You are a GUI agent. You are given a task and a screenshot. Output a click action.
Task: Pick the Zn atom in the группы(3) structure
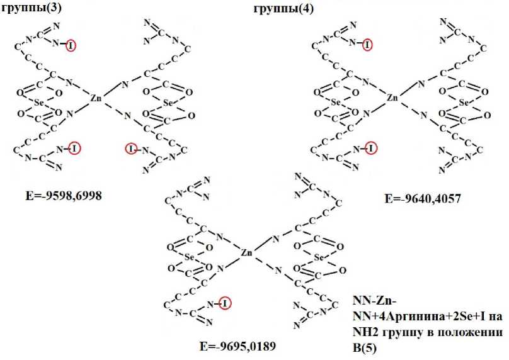click(96, 98)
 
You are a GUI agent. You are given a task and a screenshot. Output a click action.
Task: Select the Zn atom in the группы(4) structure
click(392, 98)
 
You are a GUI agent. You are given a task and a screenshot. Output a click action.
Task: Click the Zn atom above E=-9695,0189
click(247, 252)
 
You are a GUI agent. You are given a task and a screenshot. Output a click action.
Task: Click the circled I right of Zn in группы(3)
click(130, 149)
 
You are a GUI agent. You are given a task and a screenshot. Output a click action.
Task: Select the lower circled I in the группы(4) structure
click(371, 149)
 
